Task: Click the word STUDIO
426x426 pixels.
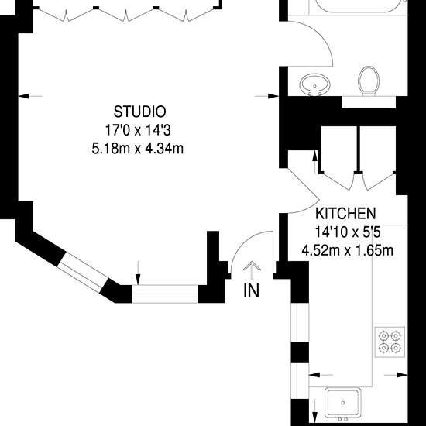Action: point(139,112)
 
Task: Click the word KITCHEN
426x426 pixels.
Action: point(345,214)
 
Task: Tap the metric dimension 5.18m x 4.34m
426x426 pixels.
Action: point(138,149)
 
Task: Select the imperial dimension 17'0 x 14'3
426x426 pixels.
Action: point(138,130)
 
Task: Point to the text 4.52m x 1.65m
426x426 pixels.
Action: point(348,250)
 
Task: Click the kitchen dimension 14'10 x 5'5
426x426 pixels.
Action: point(348,232)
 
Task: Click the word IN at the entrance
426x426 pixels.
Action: point(251,291)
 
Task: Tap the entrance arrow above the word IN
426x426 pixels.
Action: point(252,270)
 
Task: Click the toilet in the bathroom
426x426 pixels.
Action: point(369,81)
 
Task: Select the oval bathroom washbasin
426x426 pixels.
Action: point(315,84)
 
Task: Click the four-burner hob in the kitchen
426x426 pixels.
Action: point(390,342)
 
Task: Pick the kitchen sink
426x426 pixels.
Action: point(343,403)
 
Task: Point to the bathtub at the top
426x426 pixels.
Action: point(359,6)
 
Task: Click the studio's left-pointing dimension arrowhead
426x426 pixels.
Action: point(24,96)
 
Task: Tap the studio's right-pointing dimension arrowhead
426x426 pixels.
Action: point(273,96)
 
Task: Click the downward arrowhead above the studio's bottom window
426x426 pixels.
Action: point(138,280)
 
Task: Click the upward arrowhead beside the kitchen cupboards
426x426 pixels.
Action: point(315,156)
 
